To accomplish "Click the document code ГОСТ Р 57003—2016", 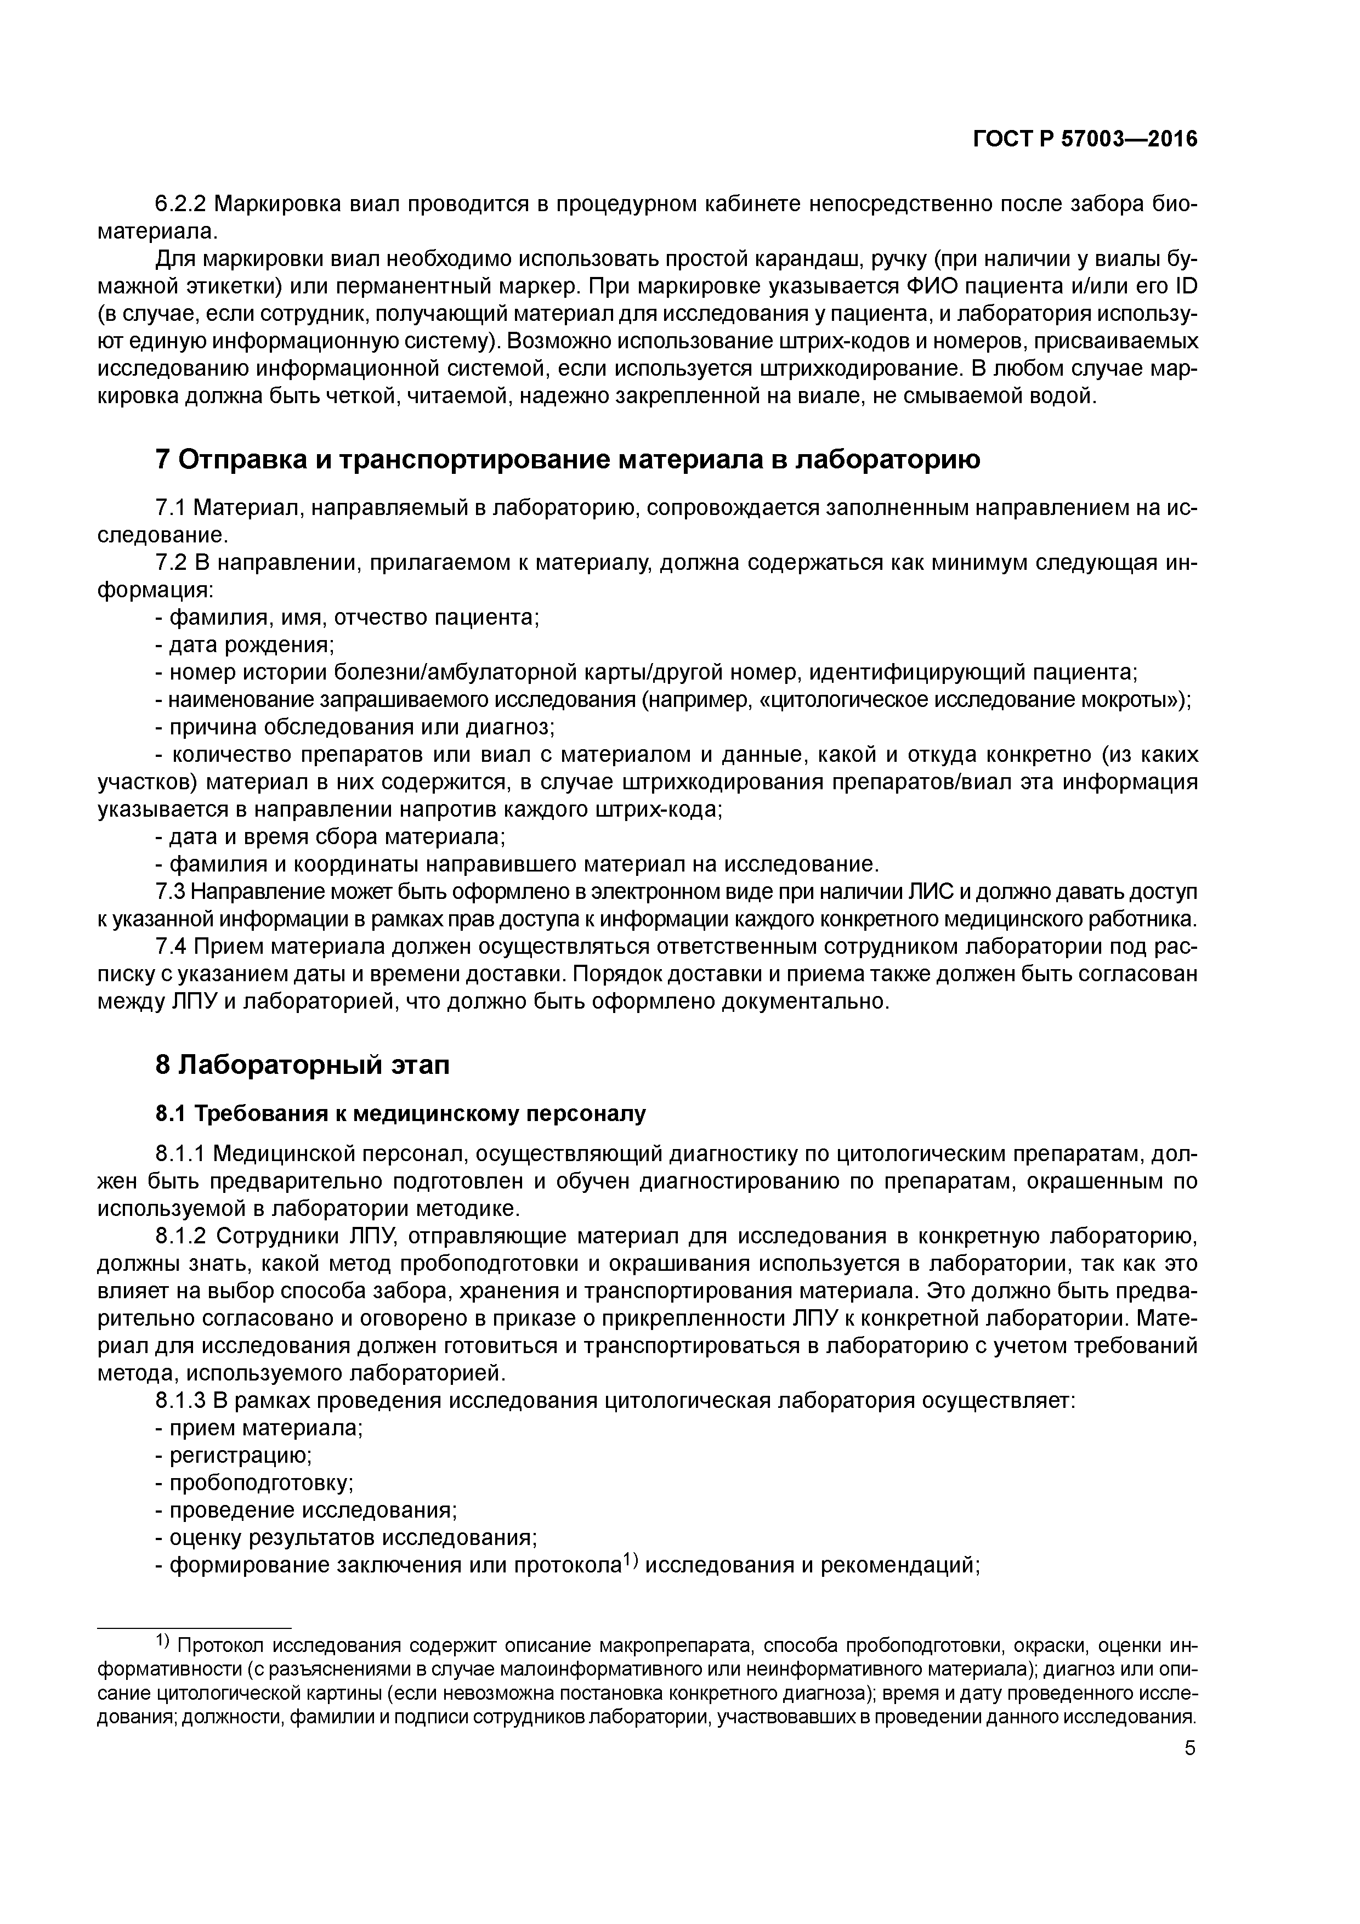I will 1085,139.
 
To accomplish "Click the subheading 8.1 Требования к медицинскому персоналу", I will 400,1114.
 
